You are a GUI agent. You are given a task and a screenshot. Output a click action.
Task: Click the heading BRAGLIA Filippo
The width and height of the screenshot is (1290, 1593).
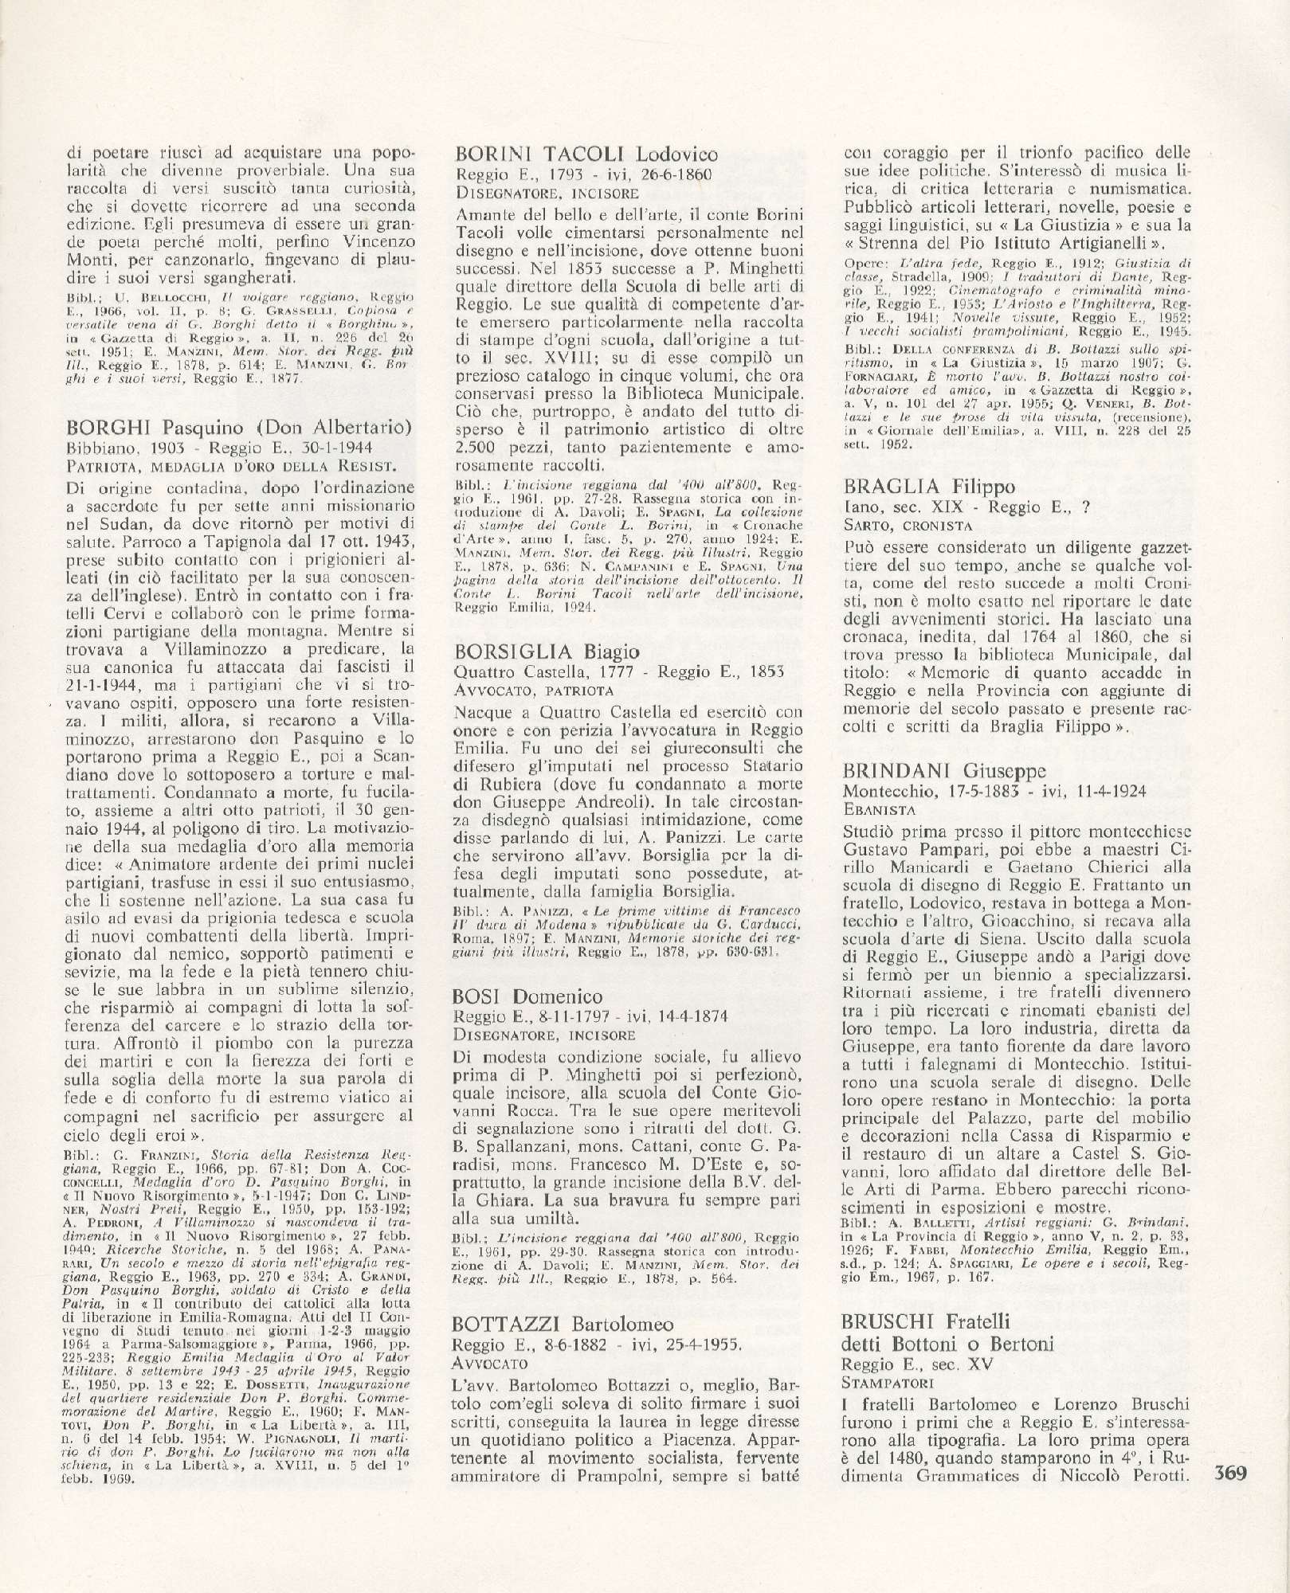point(914,487)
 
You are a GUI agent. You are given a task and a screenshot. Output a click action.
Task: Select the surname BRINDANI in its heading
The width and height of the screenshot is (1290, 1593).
point(896,772)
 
